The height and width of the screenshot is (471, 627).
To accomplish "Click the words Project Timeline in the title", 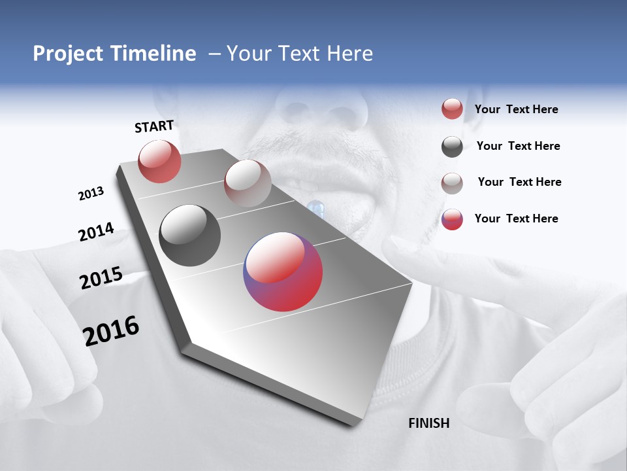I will [x=114, y=54].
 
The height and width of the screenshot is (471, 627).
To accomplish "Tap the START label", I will [x=154, y=126].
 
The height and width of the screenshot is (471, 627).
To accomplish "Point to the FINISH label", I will [x=429, y=423].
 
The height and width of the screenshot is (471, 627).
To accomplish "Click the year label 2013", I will [x=91, y=194].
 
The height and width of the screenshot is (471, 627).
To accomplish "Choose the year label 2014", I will [x=96, y=232].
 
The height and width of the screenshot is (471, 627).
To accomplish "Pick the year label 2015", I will [x=101, y=278].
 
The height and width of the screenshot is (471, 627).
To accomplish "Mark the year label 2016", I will [x=111, y=330].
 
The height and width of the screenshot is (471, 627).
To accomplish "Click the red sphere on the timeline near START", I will [x=159, y=162].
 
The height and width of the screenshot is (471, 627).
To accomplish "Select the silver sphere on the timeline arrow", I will [x=248, y=183].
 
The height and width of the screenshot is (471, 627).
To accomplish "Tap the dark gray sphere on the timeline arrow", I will [x=190, y=235].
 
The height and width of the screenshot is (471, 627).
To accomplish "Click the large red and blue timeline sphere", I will [x=283, y=271].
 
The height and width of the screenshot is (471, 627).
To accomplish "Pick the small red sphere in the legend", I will [x=452, y=109].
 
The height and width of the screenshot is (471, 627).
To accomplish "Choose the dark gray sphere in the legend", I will [x=452, y=147].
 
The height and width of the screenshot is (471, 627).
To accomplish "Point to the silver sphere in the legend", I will [x=452, y=183].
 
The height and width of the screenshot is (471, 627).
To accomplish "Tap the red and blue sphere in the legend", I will [x=452, y=219].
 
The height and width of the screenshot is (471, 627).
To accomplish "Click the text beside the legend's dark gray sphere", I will [x=518, y=146].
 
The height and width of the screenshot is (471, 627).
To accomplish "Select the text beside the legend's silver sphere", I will [x=519, y=182].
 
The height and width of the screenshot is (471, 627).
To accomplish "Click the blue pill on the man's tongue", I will [x=316, y=209].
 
